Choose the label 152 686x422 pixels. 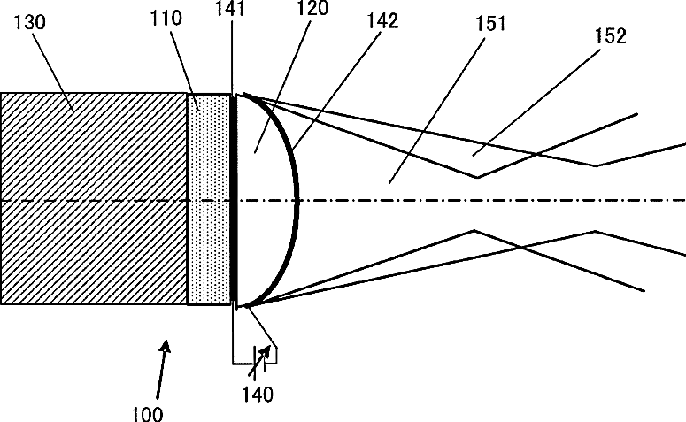(609, 35)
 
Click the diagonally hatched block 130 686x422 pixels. (93, 199)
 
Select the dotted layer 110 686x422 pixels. (209, 199)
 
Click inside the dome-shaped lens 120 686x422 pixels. (266, 199)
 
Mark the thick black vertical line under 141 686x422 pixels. (234, 199)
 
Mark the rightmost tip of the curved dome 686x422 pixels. (298, 200)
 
